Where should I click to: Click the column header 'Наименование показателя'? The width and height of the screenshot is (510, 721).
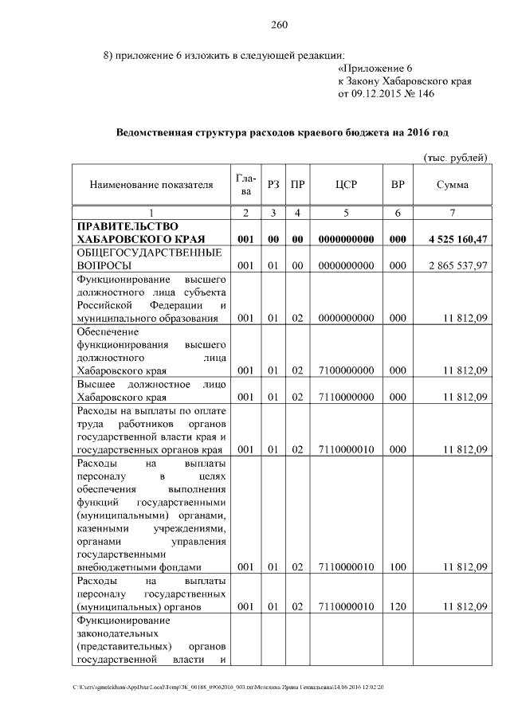click(151, 185)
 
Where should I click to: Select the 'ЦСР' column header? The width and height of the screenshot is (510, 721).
click(346, 185)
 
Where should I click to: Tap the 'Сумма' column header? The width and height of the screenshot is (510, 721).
click(452, 185)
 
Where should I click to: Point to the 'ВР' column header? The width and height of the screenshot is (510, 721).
click(398, 185)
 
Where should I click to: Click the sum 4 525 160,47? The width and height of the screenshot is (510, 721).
click(452, 239)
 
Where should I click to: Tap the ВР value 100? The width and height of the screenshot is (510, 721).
click(398, 566)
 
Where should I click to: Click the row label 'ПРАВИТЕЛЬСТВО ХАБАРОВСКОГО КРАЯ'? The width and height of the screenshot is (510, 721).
click(141, 233)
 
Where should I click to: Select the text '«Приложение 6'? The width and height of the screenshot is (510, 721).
click(371, 69)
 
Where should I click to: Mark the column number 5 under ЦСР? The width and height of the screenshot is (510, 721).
click(346, 213)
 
